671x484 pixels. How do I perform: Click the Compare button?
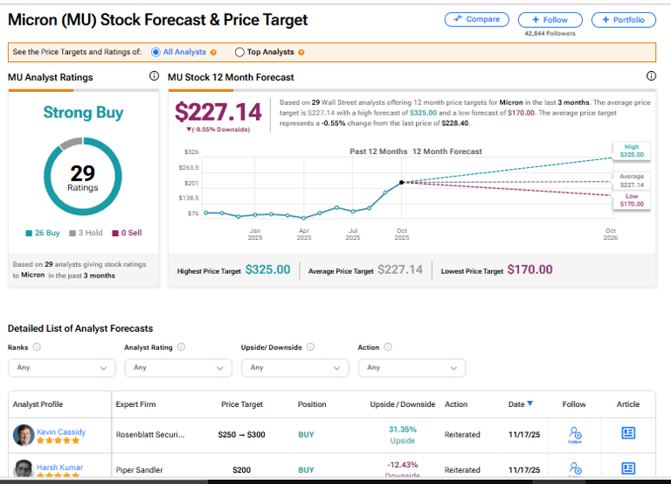(x=477, y=19)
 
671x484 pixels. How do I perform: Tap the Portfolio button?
(x=623, y=19)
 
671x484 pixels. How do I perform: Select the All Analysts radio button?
(x=156, y=53)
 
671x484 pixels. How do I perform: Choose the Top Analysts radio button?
(x=239, y=53)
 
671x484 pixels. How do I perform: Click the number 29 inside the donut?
(x=83, y=174)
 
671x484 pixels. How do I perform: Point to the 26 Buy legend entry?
(x=44, y=233)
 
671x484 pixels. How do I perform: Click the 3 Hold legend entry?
(x=90, y=233)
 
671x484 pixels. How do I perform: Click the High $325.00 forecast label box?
(x=631, y=151)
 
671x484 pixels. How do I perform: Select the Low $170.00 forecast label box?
(x=631, y=200)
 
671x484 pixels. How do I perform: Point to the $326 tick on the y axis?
(x=191, y=152)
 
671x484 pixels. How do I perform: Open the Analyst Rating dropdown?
(x=177, y=368)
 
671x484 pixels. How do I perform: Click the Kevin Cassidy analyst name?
(x=61, y=432)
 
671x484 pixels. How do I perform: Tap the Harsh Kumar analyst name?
(x=59, y=467)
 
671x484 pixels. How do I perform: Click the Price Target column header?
(x=242, y=404)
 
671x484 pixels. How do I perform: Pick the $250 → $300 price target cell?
(x=242, y=434)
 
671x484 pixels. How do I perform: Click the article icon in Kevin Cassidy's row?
(x=627, y=433)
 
